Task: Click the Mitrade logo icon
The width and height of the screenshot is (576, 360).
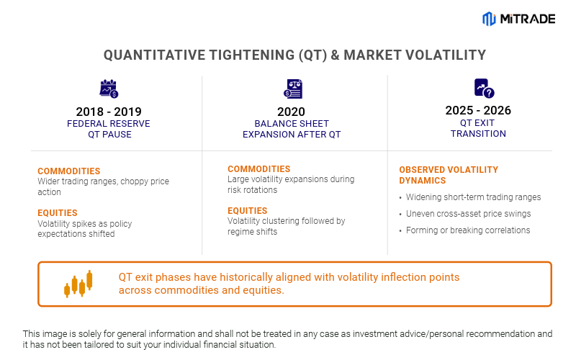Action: click(489, 19)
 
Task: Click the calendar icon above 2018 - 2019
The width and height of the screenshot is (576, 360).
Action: click(109, 89)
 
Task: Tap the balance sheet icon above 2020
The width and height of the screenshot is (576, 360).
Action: click(294, 89)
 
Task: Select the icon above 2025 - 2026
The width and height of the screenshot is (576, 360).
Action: click(484, 89)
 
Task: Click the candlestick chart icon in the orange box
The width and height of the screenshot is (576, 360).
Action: click(78, 284)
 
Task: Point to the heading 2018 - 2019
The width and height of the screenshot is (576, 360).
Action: click(109, 112)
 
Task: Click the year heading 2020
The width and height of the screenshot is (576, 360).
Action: click(291, 112)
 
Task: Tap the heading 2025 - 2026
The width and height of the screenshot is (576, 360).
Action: click(478, 111)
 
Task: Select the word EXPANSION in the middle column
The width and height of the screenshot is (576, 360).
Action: click(269, 134)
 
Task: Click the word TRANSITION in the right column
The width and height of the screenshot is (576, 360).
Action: click(478, 133)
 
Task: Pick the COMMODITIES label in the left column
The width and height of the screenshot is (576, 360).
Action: click(69, 171)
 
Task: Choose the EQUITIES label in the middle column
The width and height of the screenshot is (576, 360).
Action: click(248, 211)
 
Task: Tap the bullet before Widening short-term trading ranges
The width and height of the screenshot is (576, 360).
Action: click(400, 198)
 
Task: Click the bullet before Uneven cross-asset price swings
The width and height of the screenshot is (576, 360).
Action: click(400, 215)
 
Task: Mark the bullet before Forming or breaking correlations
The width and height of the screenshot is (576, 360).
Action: click(400, 231)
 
